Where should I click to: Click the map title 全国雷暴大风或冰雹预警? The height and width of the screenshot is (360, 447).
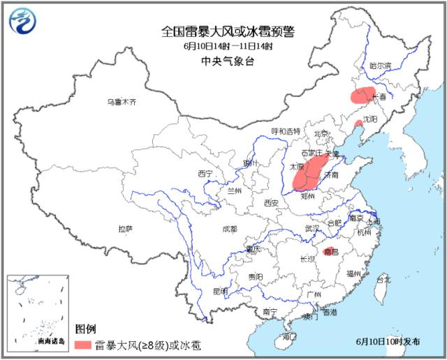pyautogui.click(x=228, y=31)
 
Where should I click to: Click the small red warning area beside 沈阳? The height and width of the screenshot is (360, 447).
pyautogui.click(x=358, y=124)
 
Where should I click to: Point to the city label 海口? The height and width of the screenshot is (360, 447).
pyautogui.click(x=288, y=337)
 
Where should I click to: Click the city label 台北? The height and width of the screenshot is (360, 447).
pyautogui.click(x=383, y=278)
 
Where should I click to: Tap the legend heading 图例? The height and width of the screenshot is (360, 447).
pyautogui.click(x=86, y=328)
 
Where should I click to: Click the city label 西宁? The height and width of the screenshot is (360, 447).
pyautogui.click(x=205, y=173)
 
